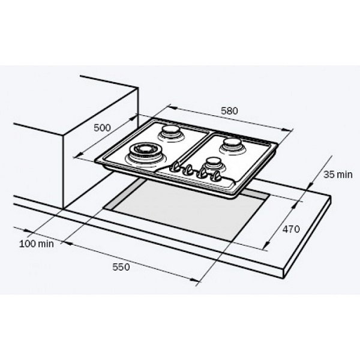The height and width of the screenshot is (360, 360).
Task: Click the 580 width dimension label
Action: pyautogui.click(x=229, y=111)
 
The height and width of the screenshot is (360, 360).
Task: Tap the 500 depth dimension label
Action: pyautogui.click(x=102, y=128)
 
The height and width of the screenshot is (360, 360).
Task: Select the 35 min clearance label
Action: pyautogui.click(x=338, y=175)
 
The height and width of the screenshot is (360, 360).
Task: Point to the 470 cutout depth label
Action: pyautogui.click(x=291, y=229)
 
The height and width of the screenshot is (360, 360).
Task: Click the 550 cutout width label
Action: pyautogui.click(x=121, y=267)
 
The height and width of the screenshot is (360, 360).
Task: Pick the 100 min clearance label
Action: pyautogui.click(x=36, y=244)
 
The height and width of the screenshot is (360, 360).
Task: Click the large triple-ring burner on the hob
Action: pyautogui.click(x=143, y=152)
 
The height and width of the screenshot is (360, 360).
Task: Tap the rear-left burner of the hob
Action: pyautogui.click(x=170, y=133)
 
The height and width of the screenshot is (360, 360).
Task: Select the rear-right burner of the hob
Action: pyautogui.click(x=233, y=146)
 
